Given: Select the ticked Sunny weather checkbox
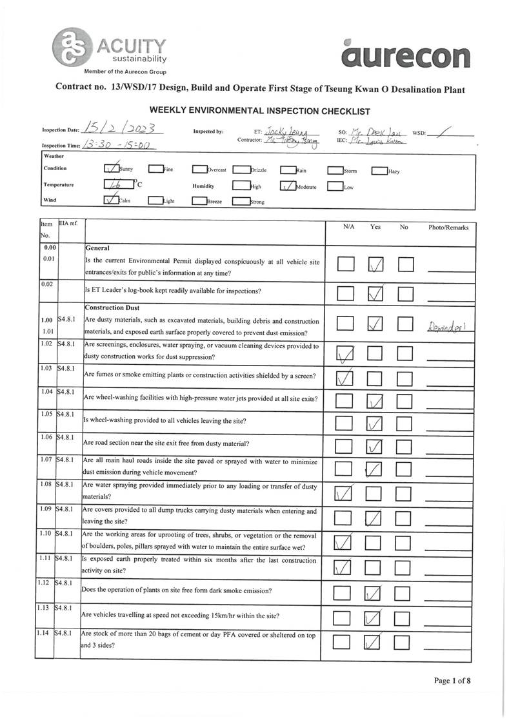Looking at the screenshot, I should (111, 170).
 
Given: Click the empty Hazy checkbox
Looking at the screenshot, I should (379, 171).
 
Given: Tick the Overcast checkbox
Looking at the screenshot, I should (199, 171).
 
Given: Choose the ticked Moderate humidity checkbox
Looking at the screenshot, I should (288, 187).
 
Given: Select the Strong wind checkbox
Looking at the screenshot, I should (240, 201).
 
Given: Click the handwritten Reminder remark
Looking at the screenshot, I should (450, 327).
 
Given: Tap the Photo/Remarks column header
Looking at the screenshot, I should (448, 228).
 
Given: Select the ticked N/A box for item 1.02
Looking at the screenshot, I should (345, 353).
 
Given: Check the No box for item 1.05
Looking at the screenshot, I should (404, 423).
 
